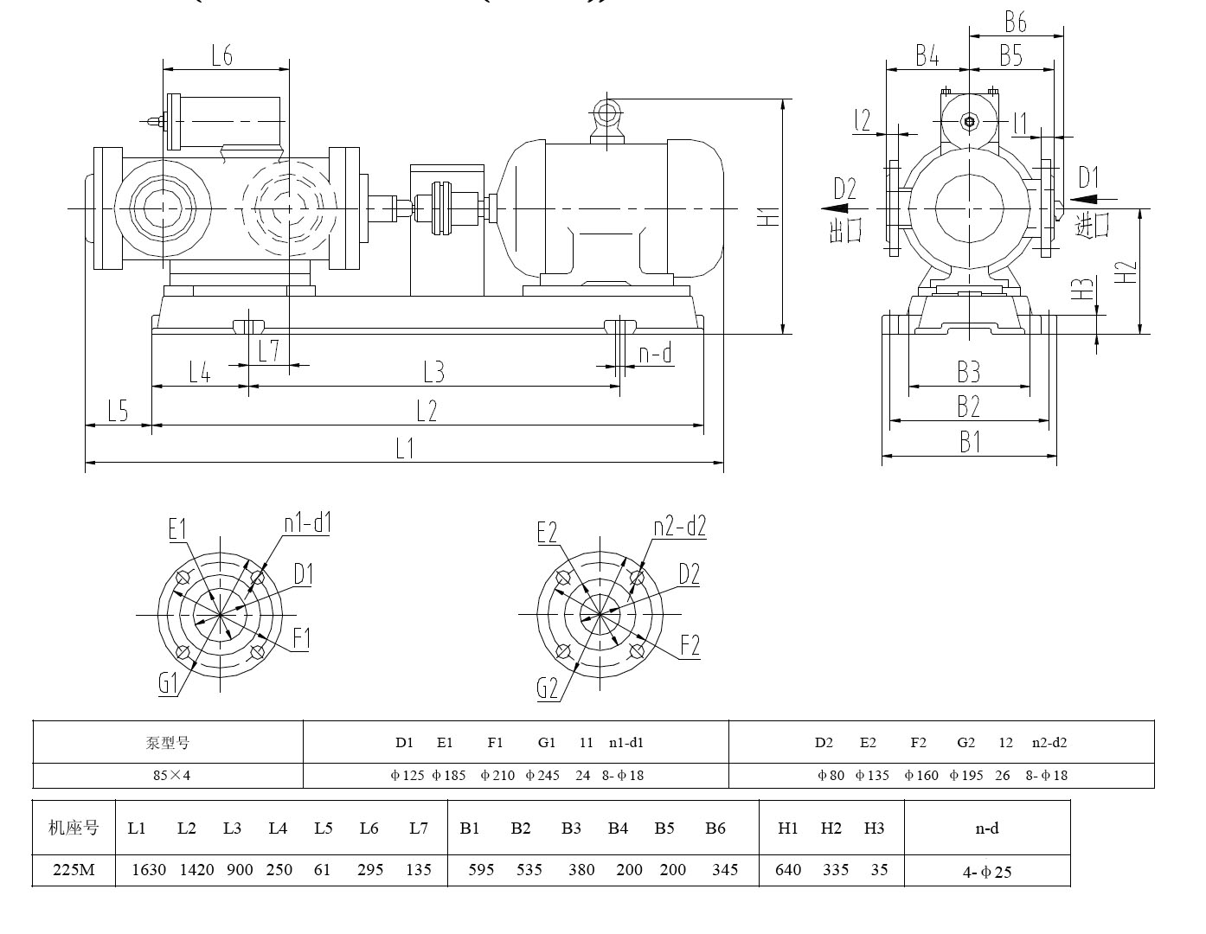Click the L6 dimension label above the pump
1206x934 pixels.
point(222,55)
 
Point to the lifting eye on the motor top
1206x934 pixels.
point(607,112)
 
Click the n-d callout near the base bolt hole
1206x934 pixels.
point(655,354)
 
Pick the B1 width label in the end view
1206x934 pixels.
point(970,442)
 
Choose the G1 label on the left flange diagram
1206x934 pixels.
point(168,683)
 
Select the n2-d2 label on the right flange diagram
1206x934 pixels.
point(679,526)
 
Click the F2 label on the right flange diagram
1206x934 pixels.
point(690,645)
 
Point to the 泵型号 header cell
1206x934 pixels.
point(167,742)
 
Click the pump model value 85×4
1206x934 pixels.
point(170,775)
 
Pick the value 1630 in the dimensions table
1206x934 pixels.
point(148,869)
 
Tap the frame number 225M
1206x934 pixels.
point(74,869)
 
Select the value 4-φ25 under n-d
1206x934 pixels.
point(987,872)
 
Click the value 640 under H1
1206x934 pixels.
point(788,869)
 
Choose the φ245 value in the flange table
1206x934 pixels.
point(542,775)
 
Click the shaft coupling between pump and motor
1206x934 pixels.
point(446,208)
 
